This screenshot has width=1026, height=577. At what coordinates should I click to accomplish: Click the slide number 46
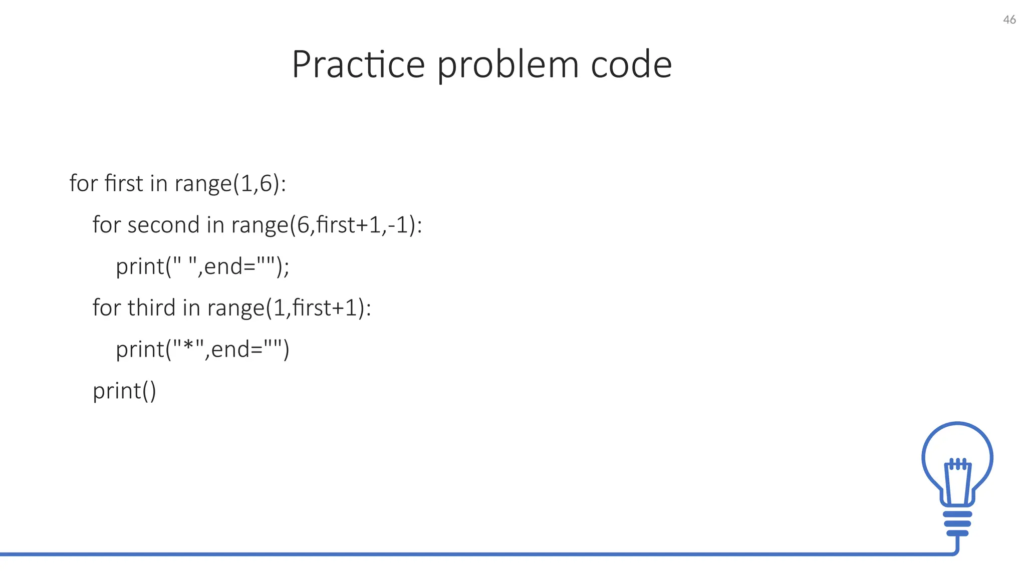click(1009, 20)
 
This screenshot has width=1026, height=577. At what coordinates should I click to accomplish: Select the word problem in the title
click(507, 66)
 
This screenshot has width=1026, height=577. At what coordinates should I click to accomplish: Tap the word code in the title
click(631, 65)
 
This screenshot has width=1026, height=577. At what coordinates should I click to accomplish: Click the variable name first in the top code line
click(124, 183)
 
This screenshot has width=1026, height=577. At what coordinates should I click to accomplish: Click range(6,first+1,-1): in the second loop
click(327, 225)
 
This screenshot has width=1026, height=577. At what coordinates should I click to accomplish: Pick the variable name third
click(151, 308)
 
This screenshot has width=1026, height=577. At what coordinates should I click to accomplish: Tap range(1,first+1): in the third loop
click(289, 308)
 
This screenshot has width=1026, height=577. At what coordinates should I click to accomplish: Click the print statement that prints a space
click(202, 266)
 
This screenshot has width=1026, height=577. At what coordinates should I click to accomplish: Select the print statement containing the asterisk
click(202, 350)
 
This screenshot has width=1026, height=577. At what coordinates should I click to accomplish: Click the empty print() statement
click(124, 391)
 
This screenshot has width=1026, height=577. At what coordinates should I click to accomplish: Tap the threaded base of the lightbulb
click(957, 523)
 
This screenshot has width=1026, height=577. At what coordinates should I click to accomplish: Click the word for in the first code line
click(83, 183)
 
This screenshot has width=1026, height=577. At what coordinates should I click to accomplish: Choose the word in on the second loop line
click(215, 224)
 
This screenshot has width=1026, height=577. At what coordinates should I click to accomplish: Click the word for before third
click(106, 308)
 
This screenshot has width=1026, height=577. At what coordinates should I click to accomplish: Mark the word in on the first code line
click(158, 183)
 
